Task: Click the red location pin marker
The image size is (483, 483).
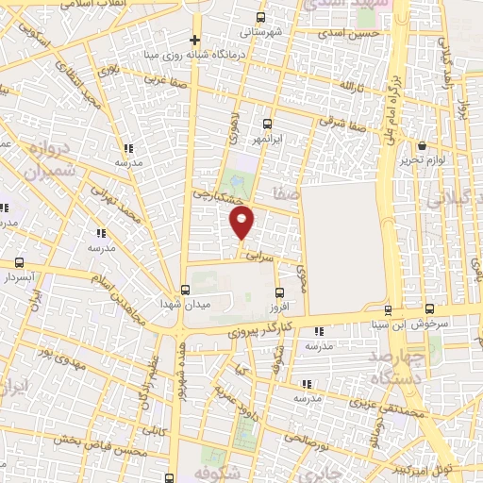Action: (x=242, y=223)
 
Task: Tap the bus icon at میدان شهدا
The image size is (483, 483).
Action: (x=185, y=290)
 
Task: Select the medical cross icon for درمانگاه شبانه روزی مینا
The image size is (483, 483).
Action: (x=194, y=40)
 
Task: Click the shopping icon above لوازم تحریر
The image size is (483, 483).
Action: (x=421, y=146)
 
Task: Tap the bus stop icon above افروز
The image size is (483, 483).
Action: (x=279, y=291)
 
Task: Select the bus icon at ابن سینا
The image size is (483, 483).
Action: (x=388, y=309)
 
